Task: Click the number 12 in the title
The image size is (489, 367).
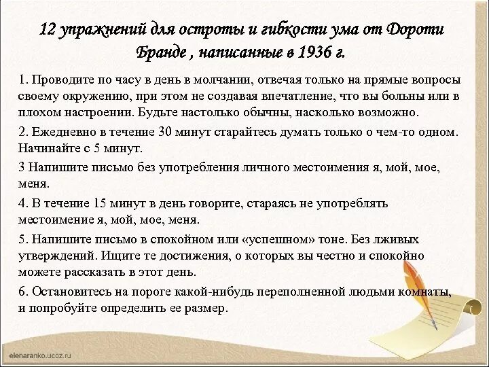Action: tap(47, 31)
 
